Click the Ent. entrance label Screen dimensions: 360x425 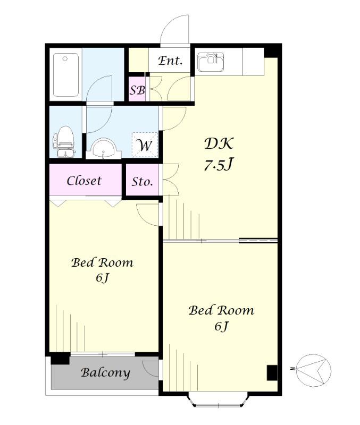[170, 61]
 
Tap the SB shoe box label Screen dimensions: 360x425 [137, 90]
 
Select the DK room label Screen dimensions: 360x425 [219, 143]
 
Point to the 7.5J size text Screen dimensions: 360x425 [219, 164]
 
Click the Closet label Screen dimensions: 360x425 [84, 181]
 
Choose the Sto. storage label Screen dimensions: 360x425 [142, 181]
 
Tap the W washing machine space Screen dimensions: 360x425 [145, 145]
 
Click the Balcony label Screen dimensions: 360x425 [105, 373]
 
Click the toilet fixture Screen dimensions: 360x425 [64, 141]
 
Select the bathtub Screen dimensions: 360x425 [66, 75]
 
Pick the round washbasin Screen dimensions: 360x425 [103, 149]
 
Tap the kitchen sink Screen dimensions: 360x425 [211, 62]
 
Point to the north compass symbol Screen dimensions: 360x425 [313, 369]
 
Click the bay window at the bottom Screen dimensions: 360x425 [218, 399]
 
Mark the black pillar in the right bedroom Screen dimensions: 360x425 [272, 373]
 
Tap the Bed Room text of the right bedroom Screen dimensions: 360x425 [221, 310]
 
